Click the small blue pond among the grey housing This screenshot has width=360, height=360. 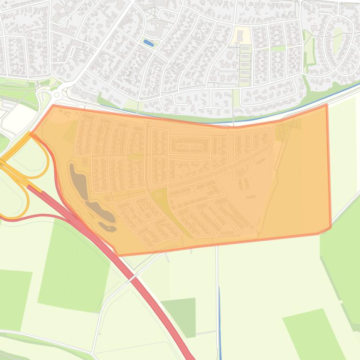pyautogui.click(x=149, y=43)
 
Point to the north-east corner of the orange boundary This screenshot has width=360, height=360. pyautogui.click(x=326, y=105)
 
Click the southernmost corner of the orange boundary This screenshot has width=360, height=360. pyautogui.click(x=117, y=255)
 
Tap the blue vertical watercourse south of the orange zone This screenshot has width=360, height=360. pyautogui.click(x=220, y=318)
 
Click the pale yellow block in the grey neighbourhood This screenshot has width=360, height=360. pyautogui.click(x=242, y=36)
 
